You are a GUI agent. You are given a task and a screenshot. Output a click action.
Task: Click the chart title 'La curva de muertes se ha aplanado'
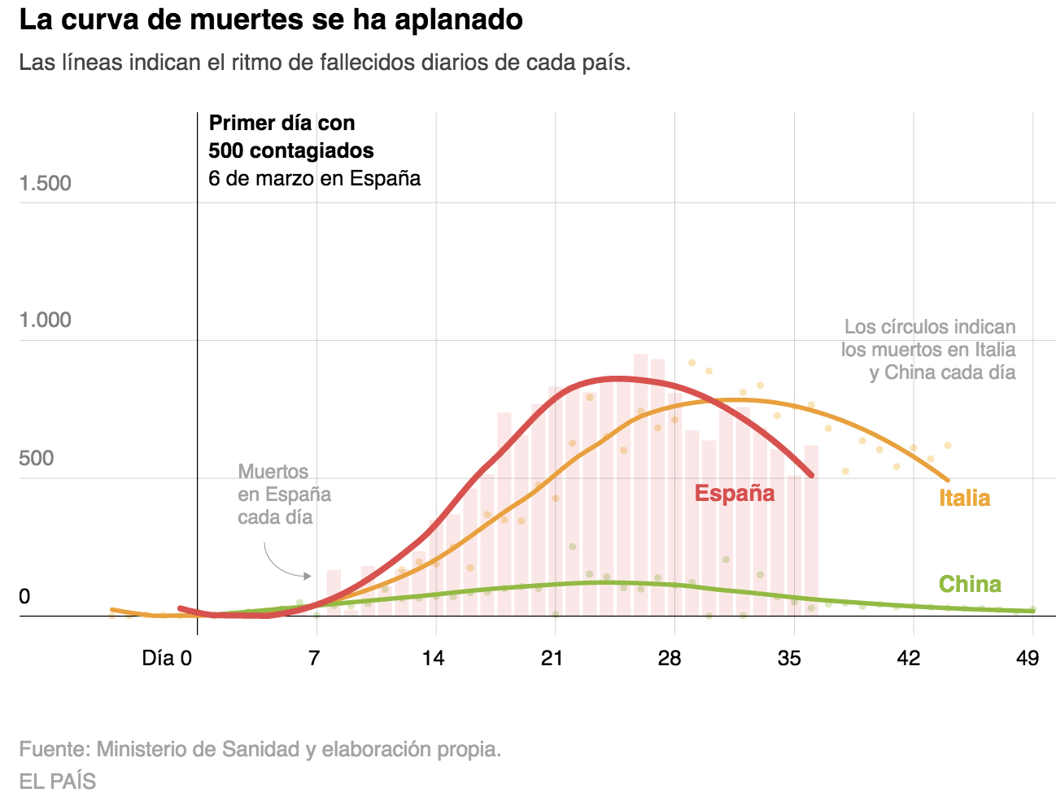(x=271, y=20)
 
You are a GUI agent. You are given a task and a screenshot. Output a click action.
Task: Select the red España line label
(x=734, y=493)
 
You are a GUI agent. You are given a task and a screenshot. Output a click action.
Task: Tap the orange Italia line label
(x=964, y=498)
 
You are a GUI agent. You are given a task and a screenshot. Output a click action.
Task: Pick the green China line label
(x=969, y=584)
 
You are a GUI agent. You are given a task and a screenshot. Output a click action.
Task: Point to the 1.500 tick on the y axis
(x=46, y=183)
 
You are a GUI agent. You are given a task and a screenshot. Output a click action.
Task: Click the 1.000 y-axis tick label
(x=46, y=320)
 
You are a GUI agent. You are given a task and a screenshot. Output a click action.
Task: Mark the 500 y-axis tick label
(x=37, y=458)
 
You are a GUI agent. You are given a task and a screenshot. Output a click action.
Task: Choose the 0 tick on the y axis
(x=24, y=596)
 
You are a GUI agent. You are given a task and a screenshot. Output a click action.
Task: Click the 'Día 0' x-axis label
(x=167, y=658)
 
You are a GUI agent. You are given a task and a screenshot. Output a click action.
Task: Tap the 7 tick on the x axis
(x=314, y=658)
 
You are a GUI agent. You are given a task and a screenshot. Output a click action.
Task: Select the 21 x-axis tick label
(x=552, y=658)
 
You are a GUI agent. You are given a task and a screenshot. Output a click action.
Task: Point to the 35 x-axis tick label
(x=789, y=658)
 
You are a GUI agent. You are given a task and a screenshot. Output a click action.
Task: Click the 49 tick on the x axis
(x=1028, y=658)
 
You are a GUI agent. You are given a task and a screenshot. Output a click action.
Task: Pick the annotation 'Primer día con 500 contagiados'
(x=290, y=137)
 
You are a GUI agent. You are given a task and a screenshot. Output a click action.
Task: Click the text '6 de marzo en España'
(x=314, y=178)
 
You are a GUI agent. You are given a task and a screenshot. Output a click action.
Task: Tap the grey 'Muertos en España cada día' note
(x=284, y=494)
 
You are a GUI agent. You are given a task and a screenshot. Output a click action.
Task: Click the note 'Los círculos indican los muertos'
(x=928, y=350)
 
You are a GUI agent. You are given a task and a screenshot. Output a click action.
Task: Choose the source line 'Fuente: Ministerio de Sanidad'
(x=260, y=749)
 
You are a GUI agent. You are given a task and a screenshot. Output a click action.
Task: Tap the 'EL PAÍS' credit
(x=58, y=782)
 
